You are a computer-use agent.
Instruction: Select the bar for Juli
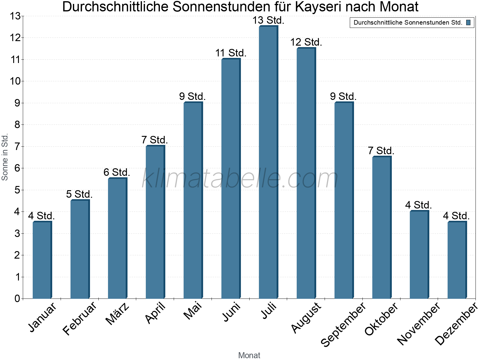268,162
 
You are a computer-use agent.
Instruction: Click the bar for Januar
42,260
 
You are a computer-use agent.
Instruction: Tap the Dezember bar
457,260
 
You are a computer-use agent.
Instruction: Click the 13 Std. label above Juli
268,20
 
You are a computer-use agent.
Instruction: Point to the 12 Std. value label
306,42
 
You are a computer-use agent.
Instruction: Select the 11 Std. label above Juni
231,53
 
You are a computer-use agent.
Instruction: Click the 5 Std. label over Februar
79,194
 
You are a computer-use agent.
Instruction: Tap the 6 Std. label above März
117,172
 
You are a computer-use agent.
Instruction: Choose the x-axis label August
306,318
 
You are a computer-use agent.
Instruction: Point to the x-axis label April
155,313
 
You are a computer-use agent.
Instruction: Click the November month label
419,324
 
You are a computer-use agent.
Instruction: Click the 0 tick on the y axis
17,299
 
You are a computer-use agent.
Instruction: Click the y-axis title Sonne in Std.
5,157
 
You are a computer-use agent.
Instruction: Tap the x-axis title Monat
249,355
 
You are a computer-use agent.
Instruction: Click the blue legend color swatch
468,22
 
